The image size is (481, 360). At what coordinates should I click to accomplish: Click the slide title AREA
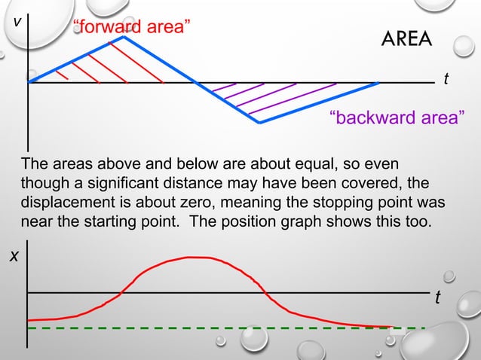tap(407, 38)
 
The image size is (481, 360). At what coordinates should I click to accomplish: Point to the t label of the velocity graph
tap(446, 78)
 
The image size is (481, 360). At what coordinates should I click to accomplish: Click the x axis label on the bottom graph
tap(14, 256)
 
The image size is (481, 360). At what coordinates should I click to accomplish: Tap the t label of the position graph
tap(437, 299)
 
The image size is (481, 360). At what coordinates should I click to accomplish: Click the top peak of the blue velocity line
tap(125, 37)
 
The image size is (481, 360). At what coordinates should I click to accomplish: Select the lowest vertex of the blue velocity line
tap(259, 122)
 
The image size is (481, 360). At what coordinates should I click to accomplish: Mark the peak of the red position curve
tap(198, 258)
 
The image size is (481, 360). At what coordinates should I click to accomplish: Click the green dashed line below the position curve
tap(226, 329)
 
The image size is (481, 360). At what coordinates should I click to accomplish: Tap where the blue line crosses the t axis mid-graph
tap(197, 82)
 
